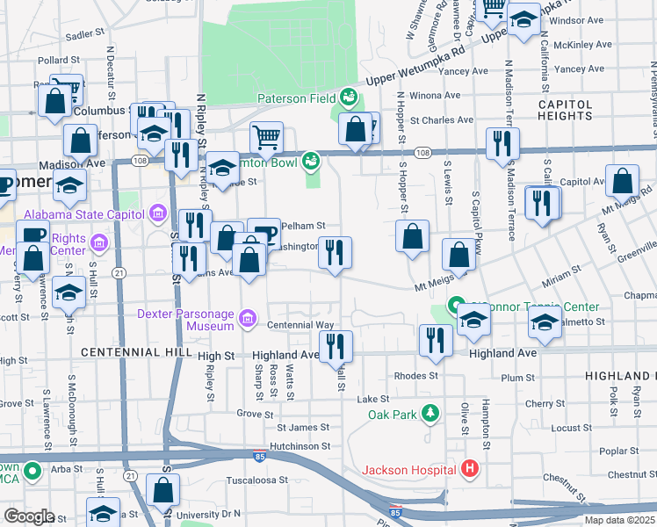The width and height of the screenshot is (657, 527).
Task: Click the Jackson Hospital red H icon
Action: coord(470,470)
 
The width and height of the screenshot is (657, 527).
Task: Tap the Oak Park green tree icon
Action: coord(430,412)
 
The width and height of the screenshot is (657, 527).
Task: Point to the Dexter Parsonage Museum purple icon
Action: coord(248,317)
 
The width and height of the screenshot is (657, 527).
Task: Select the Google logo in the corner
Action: coord(28,516)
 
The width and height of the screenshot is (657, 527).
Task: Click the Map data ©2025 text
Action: coord(619,520)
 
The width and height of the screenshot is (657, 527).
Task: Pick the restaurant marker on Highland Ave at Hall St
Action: coord(335,346)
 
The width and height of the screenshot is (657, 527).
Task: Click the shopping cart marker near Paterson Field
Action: coord(266,137)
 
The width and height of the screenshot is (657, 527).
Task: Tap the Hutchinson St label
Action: coord(300,446)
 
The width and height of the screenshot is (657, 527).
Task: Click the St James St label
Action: coord(303,428)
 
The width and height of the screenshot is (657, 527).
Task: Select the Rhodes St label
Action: coord(415,376)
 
